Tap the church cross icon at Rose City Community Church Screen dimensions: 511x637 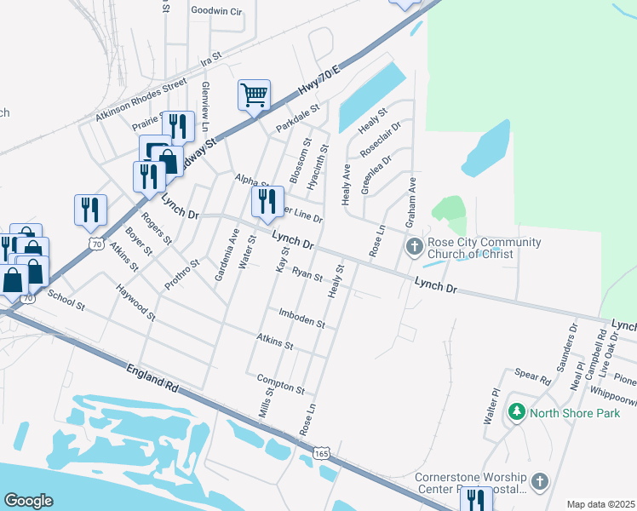point(414,247)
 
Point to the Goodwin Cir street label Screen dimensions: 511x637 point(217,11)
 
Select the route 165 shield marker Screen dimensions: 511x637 point(321,449)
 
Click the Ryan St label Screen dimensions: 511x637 point(307,275)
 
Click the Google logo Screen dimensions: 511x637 point(28,501)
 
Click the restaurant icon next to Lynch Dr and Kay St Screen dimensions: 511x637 point(267,202)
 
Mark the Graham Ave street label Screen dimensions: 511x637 point(411,198)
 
